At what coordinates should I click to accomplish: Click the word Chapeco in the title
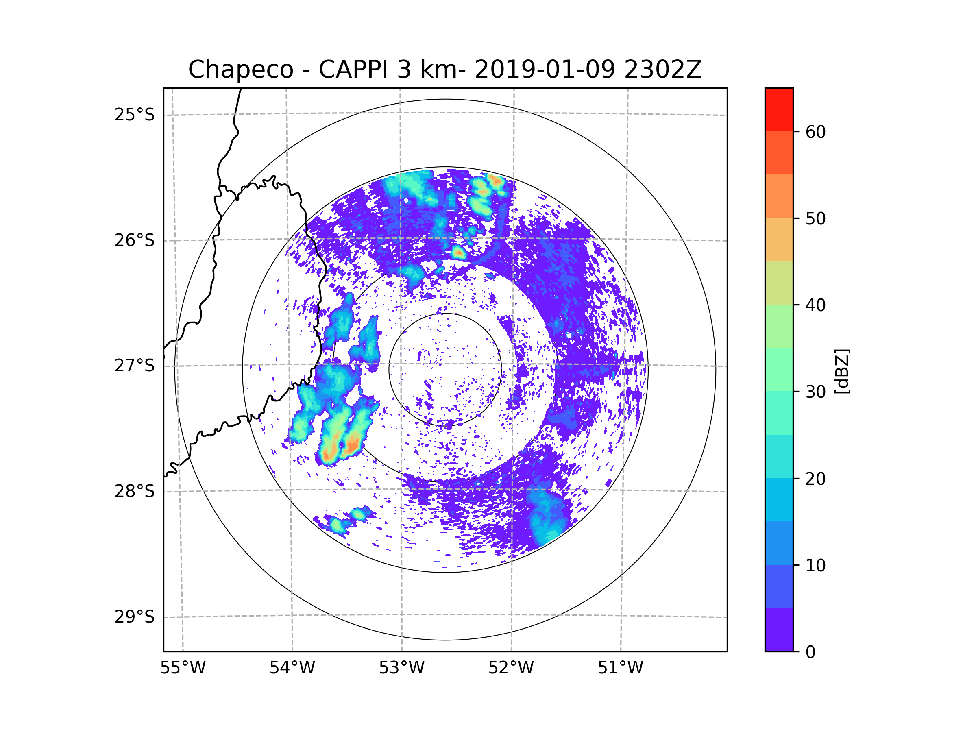click(240, 70)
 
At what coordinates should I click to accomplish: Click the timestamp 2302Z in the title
click(663, 70)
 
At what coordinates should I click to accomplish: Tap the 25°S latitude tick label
click(135, 115)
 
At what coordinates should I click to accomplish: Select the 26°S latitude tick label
click(135, 240)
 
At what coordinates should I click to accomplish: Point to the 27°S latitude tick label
click(135, 366)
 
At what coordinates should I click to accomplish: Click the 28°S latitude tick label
click(135, 491)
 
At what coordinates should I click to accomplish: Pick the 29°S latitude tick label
click(135, 617)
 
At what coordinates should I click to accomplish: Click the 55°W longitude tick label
click(183, 668)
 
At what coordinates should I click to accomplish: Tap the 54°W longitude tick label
click(292, 668)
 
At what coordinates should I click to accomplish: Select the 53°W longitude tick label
click(401, 668)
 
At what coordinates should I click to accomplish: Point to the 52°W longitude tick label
click(511, 668)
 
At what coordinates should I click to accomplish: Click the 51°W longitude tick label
click(620, 668)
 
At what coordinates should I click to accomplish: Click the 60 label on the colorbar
click(815, 132)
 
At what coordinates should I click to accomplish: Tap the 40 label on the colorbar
click(815, 305)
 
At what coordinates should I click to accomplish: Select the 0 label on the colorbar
click(810, 652)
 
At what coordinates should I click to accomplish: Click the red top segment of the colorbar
click(779, 109)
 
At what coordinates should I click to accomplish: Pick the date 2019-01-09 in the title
click(545, 70)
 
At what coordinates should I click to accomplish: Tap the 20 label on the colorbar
click(815, 479)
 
